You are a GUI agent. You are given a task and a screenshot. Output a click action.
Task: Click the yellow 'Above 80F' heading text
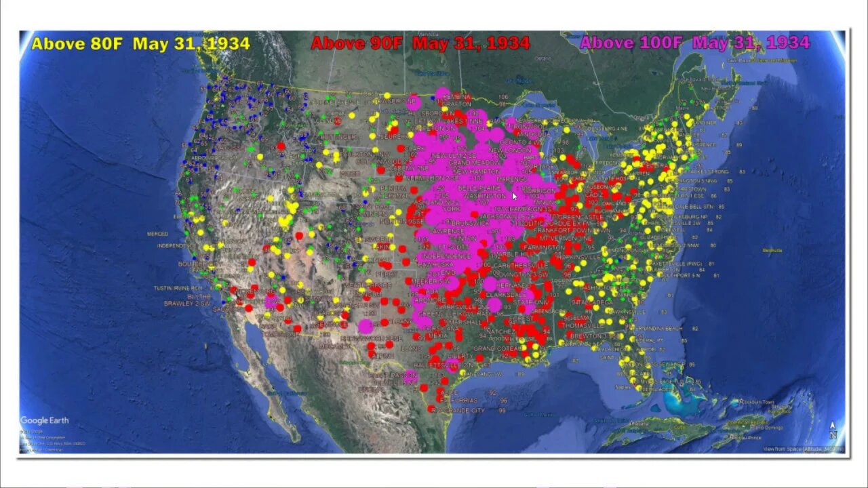[x=140, y=44]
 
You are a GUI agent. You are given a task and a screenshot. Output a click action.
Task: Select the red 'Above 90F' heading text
[x=420, y=44]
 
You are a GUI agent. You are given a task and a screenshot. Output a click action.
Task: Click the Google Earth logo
[x=44, y=421]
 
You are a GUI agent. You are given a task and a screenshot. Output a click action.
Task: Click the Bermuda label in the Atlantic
[x=772, y=250]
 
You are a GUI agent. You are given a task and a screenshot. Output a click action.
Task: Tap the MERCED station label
[x=157, y=235]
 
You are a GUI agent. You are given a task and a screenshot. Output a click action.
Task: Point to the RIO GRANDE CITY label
[x=461, y=411]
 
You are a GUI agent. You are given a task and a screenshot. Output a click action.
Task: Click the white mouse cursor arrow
[x=515, y=197]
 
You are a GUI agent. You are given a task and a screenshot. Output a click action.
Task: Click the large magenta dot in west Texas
[x=366, y=327]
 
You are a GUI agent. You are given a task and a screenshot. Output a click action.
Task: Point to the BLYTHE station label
[x=199, y=296]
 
